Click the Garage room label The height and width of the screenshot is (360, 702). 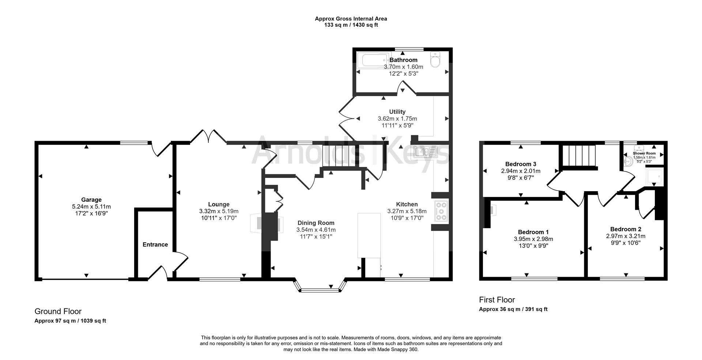[91, 200]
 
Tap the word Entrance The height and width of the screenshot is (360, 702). [155, 245]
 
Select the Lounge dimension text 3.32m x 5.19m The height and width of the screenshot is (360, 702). [219, 211]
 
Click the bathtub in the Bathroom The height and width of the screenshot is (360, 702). [373, 60]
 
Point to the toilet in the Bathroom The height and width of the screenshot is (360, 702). [436, 60]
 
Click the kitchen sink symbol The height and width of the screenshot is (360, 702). [426, 152]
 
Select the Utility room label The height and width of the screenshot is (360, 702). [397, 112]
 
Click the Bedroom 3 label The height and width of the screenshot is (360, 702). [521, 164]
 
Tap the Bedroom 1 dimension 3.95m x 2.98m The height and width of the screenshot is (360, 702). [533, 239]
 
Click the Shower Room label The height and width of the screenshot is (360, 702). [644, 154]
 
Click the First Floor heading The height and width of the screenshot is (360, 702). [497, 300]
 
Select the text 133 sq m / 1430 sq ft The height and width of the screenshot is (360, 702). [351, 25]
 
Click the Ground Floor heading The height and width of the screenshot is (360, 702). [58, 311]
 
